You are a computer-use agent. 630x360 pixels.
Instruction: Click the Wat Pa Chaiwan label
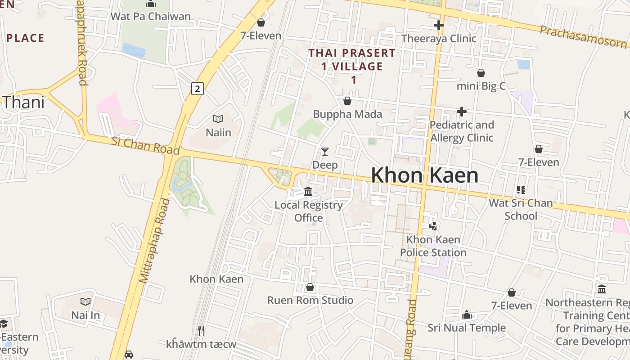[150, 17]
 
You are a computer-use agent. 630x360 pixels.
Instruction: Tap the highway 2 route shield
[197, 88]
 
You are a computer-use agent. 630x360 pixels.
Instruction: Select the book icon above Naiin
[218, 119]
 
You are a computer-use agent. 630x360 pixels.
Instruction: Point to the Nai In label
[85, 315]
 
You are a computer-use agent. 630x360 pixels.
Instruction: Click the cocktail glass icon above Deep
[324, 152]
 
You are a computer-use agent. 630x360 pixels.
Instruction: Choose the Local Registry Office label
[309, 211]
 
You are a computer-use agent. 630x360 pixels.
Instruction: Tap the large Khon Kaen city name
[424, 175]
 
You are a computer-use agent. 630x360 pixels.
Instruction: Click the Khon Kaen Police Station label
[433, 246]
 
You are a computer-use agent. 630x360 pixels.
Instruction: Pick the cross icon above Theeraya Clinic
[438, 25]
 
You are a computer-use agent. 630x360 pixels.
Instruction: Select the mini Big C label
[481, 86]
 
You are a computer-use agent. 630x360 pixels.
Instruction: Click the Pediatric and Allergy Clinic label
[462, 131]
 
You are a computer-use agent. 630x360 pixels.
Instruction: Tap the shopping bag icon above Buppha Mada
[347, 101]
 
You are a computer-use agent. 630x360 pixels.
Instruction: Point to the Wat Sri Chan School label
[521, 209]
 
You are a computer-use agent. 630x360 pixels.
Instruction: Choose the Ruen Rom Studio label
[310, 300]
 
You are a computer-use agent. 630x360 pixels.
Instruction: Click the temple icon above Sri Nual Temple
[467, 315]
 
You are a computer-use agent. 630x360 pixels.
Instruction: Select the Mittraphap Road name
[154, 241]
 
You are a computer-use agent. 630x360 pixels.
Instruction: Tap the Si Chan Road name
[145, 146]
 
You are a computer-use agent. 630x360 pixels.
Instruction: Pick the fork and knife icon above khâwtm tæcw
[201, 331]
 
